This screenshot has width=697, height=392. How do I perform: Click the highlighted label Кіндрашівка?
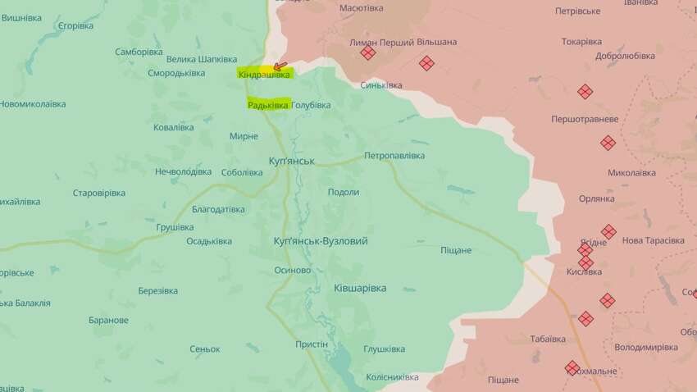click(x=264, y=75)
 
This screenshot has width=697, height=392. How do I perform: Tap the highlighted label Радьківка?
click(x=268, y=105)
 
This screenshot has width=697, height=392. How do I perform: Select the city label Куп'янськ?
click(x=291, y=161)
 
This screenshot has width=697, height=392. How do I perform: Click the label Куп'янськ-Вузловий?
click(x=320, y=241)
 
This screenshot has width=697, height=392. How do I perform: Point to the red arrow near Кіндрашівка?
click(x=280, y=66)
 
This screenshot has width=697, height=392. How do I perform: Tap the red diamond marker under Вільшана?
click(x=426, y=62)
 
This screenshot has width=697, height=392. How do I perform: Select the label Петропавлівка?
click(x=394, y=155)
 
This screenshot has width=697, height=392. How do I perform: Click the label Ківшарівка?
click(x=360, y=288)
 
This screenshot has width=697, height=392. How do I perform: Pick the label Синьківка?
click(x=381, y=84)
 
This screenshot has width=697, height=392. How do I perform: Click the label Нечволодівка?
click(x=183, y=171)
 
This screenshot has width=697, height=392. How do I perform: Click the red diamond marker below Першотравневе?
click(x=608, y=143)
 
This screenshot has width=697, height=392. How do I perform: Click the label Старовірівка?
click(x=99, y=193)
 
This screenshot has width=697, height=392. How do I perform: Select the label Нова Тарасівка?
click(x=653, y=240)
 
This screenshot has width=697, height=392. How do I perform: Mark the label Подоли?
click(x=343, y=192)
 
